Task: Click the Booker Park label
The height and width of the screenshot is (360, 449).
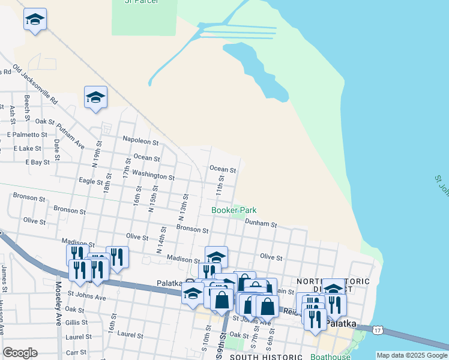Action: (234, 210)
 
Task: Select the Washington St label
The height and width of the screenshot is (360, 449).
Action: (153, 175)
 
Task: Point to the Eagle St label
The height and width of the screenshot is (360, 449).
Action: (91, 181)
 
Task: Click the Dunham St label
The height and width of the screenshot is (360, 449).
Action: (261, 224)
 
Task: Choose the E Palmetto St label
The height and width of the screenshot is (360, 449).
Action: (27, 135)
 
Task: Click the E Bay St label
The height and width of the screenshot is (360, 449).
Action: (37, 163)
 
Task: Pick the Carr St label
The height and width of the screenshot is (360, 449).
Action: (76, 353)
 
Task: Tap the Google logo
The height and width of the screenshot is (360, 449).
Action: (20, 353)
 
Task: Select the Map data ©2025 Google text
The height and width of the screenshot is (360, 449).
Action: (412, 355)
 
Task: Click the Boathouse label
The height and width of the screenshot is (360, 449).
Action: (330, 357)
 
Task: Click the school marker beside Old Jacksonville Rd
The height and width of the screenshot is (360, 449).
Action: (95, 97)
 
